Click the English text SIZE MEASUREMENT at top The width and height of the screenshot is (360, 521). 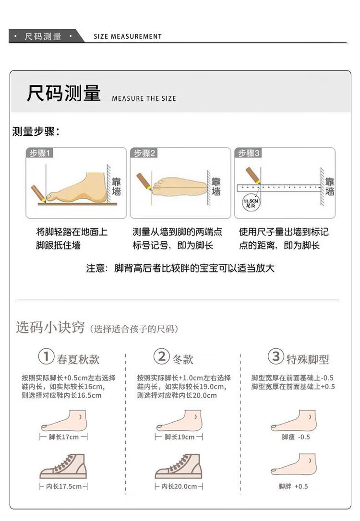click(128, 36)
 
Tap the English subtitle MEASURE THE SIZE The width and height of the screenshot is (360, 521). click(144, 98)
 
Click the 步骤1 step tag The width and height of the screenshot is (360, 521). click(39, 153)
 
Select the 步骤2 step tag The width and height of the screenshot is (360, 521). click(144, 153)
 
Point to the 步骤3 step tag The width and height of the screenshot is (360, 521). click(248, 153)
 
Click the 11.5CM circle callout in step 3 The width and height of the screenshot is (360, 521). click(251, 203)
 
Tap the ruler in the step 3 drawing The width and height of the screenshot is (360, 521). click(279, 188)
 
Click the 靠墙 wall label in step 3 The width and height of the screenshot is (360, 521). click(329, 187)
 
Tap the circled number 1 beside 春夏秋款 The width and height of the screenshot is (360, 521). click(46, 356)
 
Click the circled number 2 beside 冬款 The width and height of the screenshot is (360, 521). click(162, 356)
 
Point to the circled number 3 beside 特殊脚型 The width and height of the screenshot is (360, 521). click(276, 356)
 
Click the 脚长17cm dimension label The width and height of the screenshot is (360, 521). click(63, 437)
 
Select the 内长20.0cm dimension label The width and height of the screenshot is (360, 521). click(179, 486)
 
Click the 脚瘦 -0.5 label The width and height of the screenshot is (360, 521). click(296, 437)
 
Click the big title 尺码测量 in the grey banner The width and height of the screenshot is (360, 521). click(64, 93)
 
